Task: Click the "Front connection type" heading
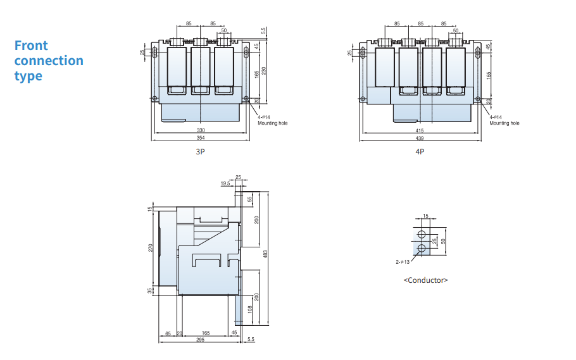pos(49,61)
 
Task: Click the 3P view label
pos(200,151)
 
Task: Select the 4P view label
pos(420,151)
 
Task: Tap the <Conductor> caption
pos(426,280)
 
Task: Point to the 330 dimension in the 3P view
pos(201,130)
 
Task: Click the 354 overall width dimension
pos(201,138)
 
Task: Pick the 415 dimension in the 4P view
pos(420,130)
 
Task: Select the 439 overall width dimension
pos(420,138)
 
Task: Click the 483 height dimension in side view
pos(265,254)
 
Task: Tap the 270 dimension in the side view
pos(150,248)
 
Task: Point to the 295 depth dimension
pos(200,340)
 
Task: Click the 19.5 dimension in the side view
pos(225,183)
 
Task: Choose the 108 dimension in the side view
pos(250,309)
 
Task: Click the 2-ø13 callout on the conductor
pos(403,262)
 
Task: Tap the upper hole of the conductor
pos(422,234)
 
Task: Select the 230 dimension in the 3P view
pos(264,71)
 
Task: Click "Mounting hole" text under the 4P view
pos(504,123)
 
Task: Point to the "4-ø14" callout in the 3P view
pos(264,117)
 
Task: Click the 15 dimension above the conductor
pos(425,216)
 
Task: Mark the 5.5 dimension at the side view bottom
pos(251,339)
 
